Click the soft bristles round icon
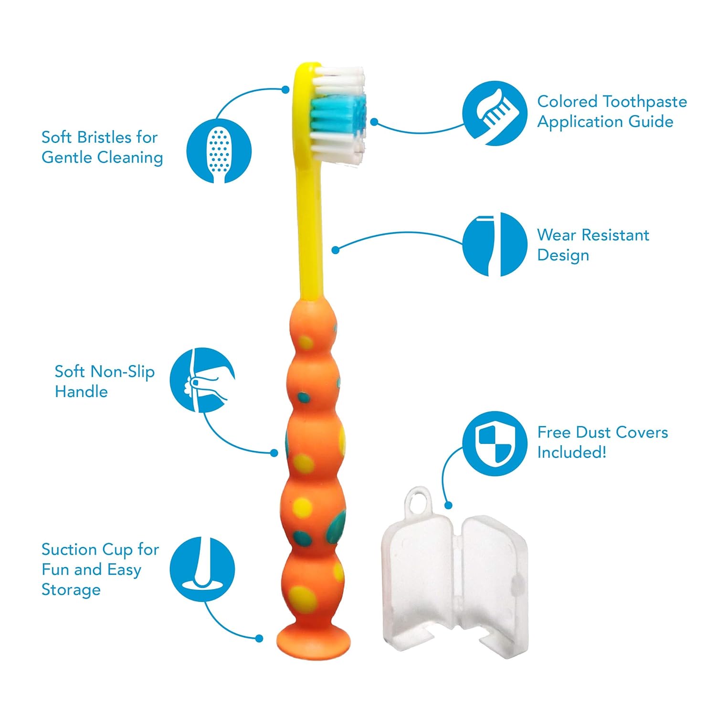[x=219, y=151]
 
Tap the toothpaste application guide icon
[x=495, y=113]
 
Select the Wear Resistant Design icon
[x=495, y=244]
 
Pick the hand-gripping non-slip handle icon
[x=202, y=380]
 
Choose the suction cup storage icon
[x=202, y=569]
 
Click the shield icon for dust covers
[x=495, y=443]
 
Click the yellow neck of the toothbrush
[x=310, y=229]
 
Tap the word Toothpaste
[x=644, y=102]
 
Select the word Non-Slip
[x=123, y=371]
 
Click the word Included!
[x=572, y=452]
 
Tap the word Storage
[x=71, y=590]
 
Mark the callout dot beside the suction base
[x=259, y=638]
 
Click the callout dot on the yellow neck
[x=335, y=250]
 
